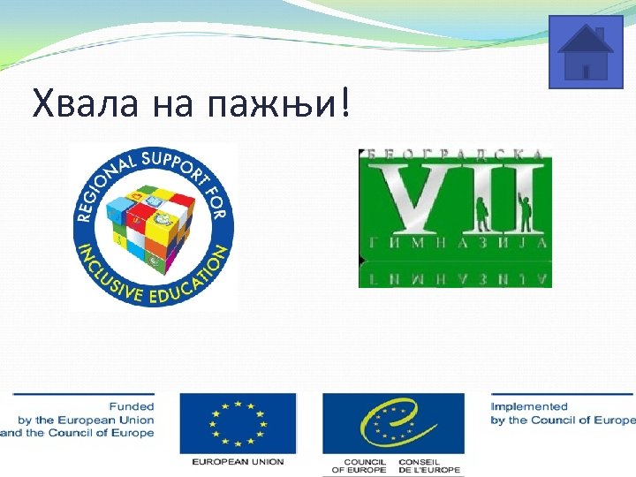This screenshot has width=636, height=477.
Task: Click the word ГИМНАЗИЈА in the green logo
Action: pos(455,243)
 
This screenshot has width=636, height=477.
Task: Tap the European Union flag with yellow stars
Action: pos(238,422)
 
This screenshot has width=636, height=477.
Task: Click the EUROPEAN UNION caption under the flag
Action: pos(238,461)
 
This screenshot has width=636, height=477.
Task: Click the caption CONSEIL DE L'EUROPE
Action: pos(430,466)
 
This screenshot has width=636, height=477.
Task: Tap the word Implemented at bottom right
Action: pos(530,406)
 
